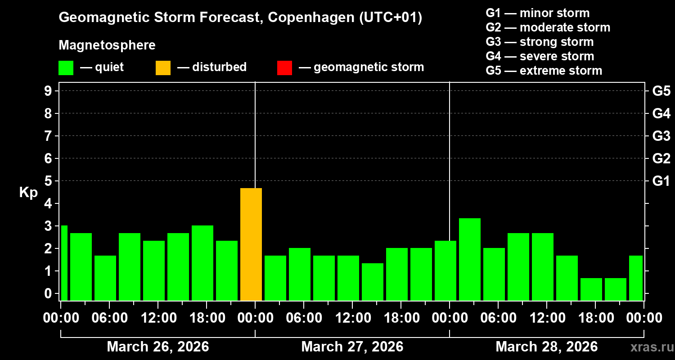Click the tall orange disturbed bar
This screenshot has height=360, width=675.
pyautogui.click(x=251, y=244)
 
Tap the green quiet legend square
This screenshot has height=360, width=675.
pyautogui.click(x=66, y=68)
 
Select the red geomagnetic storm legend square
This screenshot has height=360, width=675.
pyautogui.click(x=284, y=68)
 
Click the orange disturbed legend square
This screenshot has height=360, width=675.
pyautogui.click(x=163, y=68)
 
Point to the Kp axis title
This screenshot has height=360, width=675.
pyautogui.click(x=28, y=193)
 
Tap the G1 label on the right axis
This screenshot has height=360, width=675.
pyautogui.click(x=661, y=181)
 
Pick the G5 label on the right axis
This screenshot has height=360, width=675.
pyautogui.click(x=661, y=91)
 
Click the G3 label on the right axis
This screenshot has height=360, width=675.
pyautogui.click(x=661, y=136)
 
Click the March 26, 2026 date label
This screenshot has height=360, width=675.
pyautogui.click(x=157, y=346)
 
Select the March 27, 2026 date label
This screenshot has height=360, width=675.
pyautogui.click(x=352, y=346)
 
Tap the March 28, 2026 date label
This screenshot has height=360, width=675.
pyautogui.click(x=546, y=346)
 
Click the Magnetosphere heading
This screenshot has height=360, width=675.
pyautogui.click(x=107, y=45)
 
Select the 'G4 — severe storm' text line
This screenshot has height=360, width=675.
pyautogui.click(x=540, y=56)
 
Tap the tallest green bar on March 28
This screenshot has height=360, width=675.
pyautogui.click(x=470, y=259)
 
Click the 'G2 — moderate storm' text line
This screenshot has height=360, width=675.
pyautogui.click(x=548, y=27)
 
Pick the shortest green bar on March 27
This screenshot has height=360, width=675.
pyautogui.click(x=373, y=282)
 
